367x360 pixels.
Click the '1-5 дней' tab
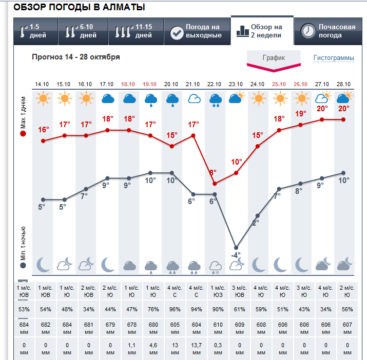(36, 31)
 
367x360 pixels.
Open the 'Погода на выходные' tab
(197, 31)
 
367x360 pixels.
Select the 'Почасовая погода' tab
(329, 31)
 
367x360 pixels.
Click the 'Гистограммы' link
(334, 58)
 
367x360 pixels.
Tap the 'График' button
(274, 58)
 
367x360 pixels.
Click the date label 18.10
(128, 84)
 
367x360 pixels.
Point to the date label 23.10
(236, 84)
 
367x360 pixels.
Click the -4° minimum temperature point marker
(236, 248)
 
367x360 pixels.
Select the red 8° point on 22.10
(215, 183)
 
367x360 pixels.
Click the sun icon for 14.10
(42, 98)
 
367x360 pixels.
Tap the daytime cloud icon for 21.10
(193, 98)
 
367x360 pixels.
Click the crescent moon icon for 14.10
(43, 265)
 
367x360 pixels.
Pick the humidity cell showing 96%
(171, 309)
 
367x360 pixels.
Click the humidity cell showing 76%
(150, 309)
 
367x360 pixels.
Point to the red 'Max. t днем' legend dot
(23, 134)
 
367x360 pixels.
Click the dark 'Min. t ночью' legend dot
(23, 266)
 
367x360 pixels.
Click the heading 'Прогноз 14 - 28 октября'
(76, 57)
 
